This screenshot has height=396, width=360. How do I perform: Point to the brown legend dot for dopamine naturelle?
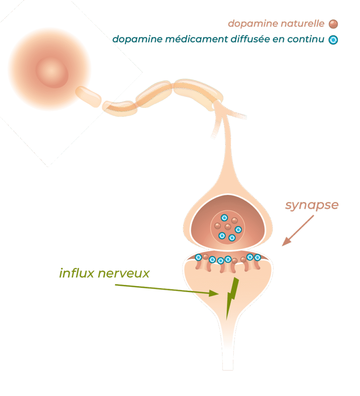click(333, 24)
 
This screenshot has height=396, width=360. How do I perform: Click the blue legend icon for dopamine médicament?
click(333, 40)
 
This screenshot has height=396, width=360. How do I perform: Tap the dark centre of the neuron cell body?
click(52, 72)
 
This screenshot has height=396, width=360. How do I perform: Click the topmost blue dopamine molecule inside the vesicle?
click(224, 217)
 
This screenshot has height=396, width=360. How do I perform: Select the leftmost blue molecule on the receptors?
click(199, 257)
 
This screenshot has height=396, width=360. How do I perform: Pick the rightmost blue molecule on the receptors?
click(257, 257)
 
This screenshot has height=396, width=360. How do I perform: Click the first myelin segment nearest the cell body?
click(88, 96)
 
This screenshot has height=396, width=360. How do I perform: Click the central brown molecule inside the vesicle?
click(228, 227)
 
